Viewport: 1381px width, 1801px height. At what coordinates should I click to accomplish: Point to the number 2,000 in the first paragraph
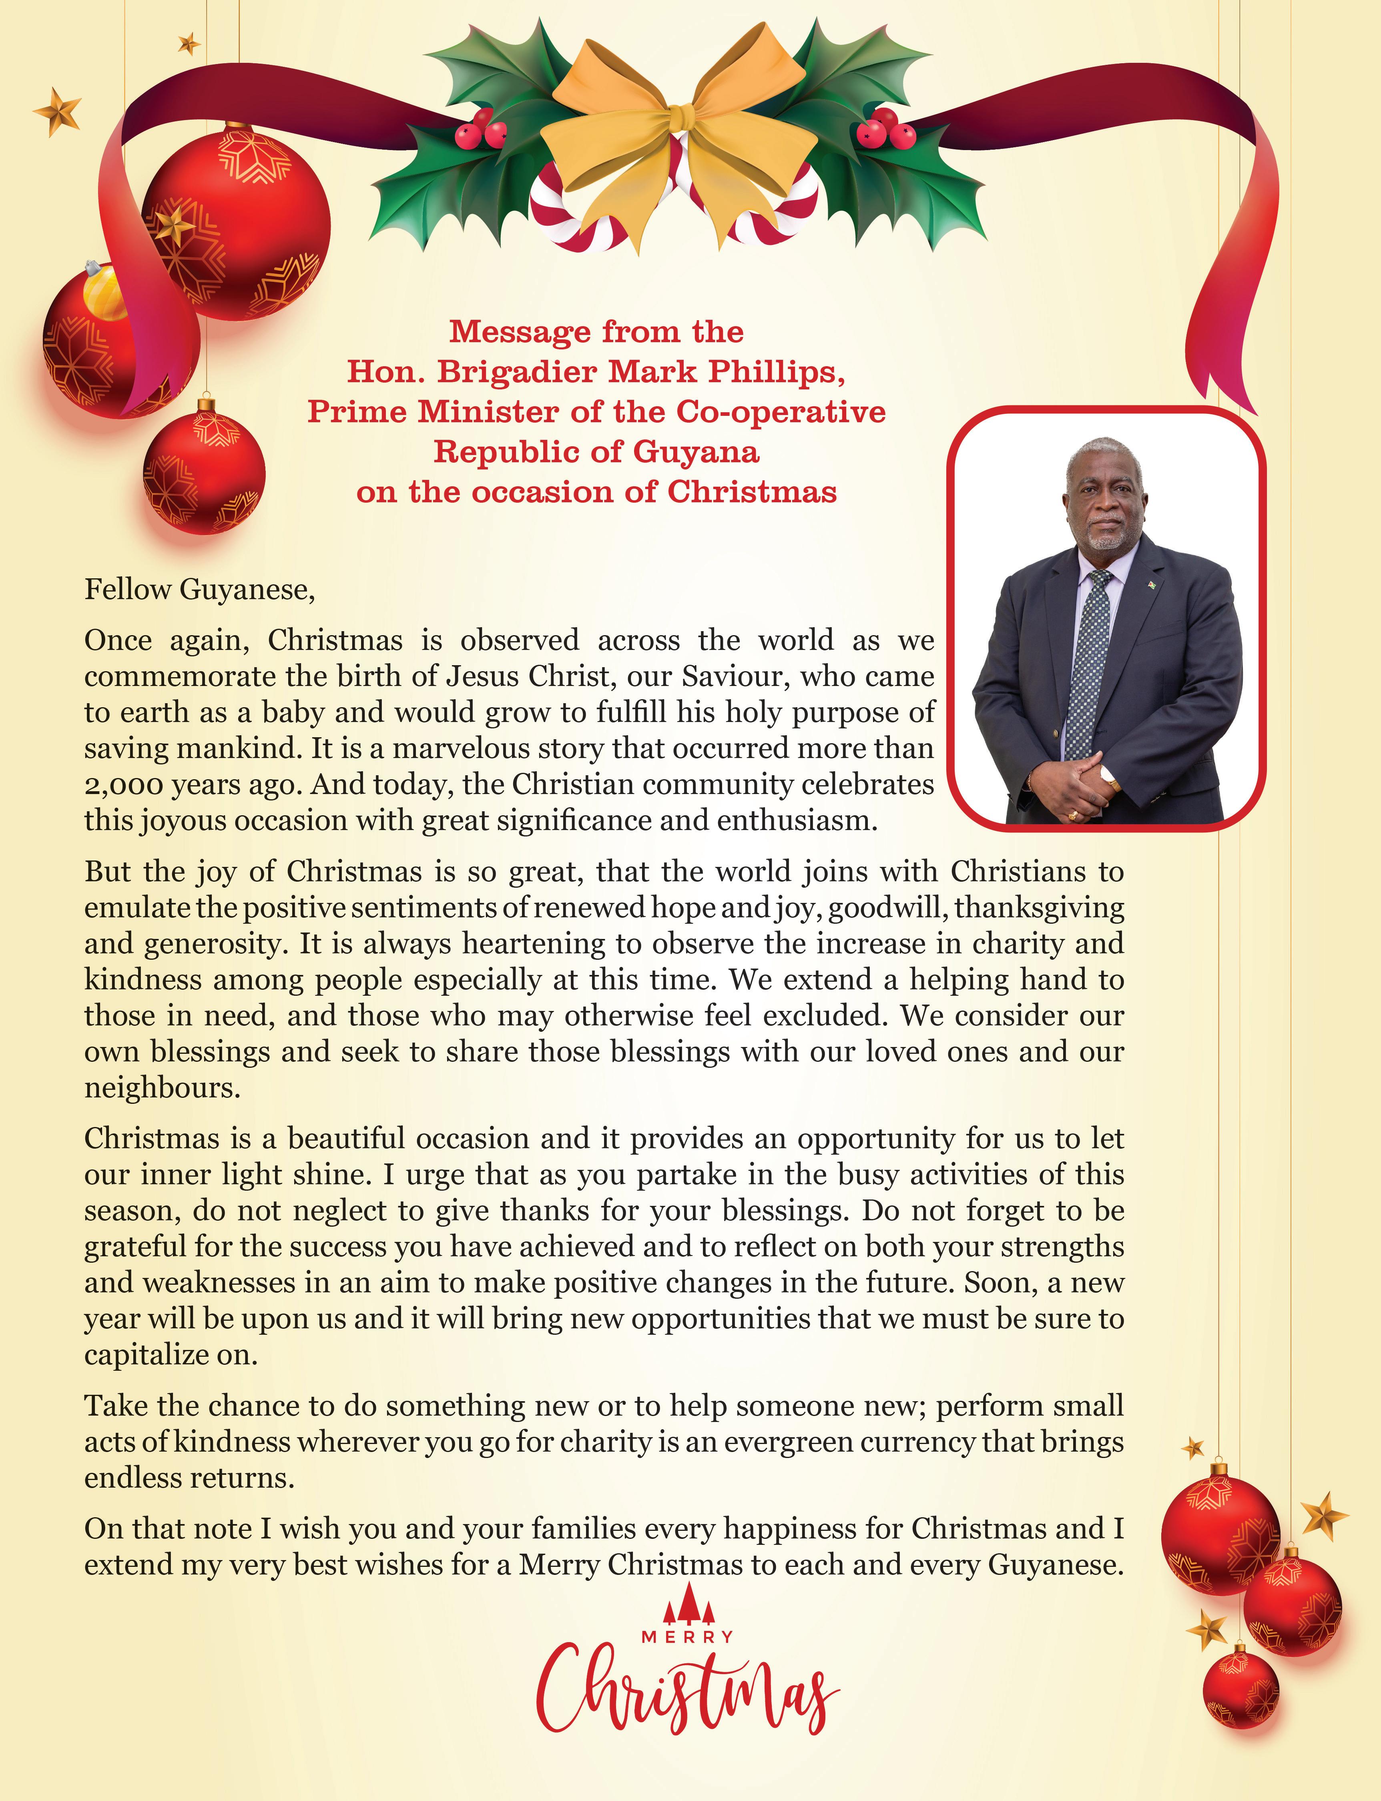tap(123, 785)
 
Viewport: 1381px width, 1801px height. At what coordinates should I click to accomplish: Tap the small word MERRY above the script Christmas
tap(687, 1637)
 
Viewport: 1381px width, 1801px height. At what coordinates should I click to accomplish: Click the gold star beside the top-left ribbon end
tap(58, 111)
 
